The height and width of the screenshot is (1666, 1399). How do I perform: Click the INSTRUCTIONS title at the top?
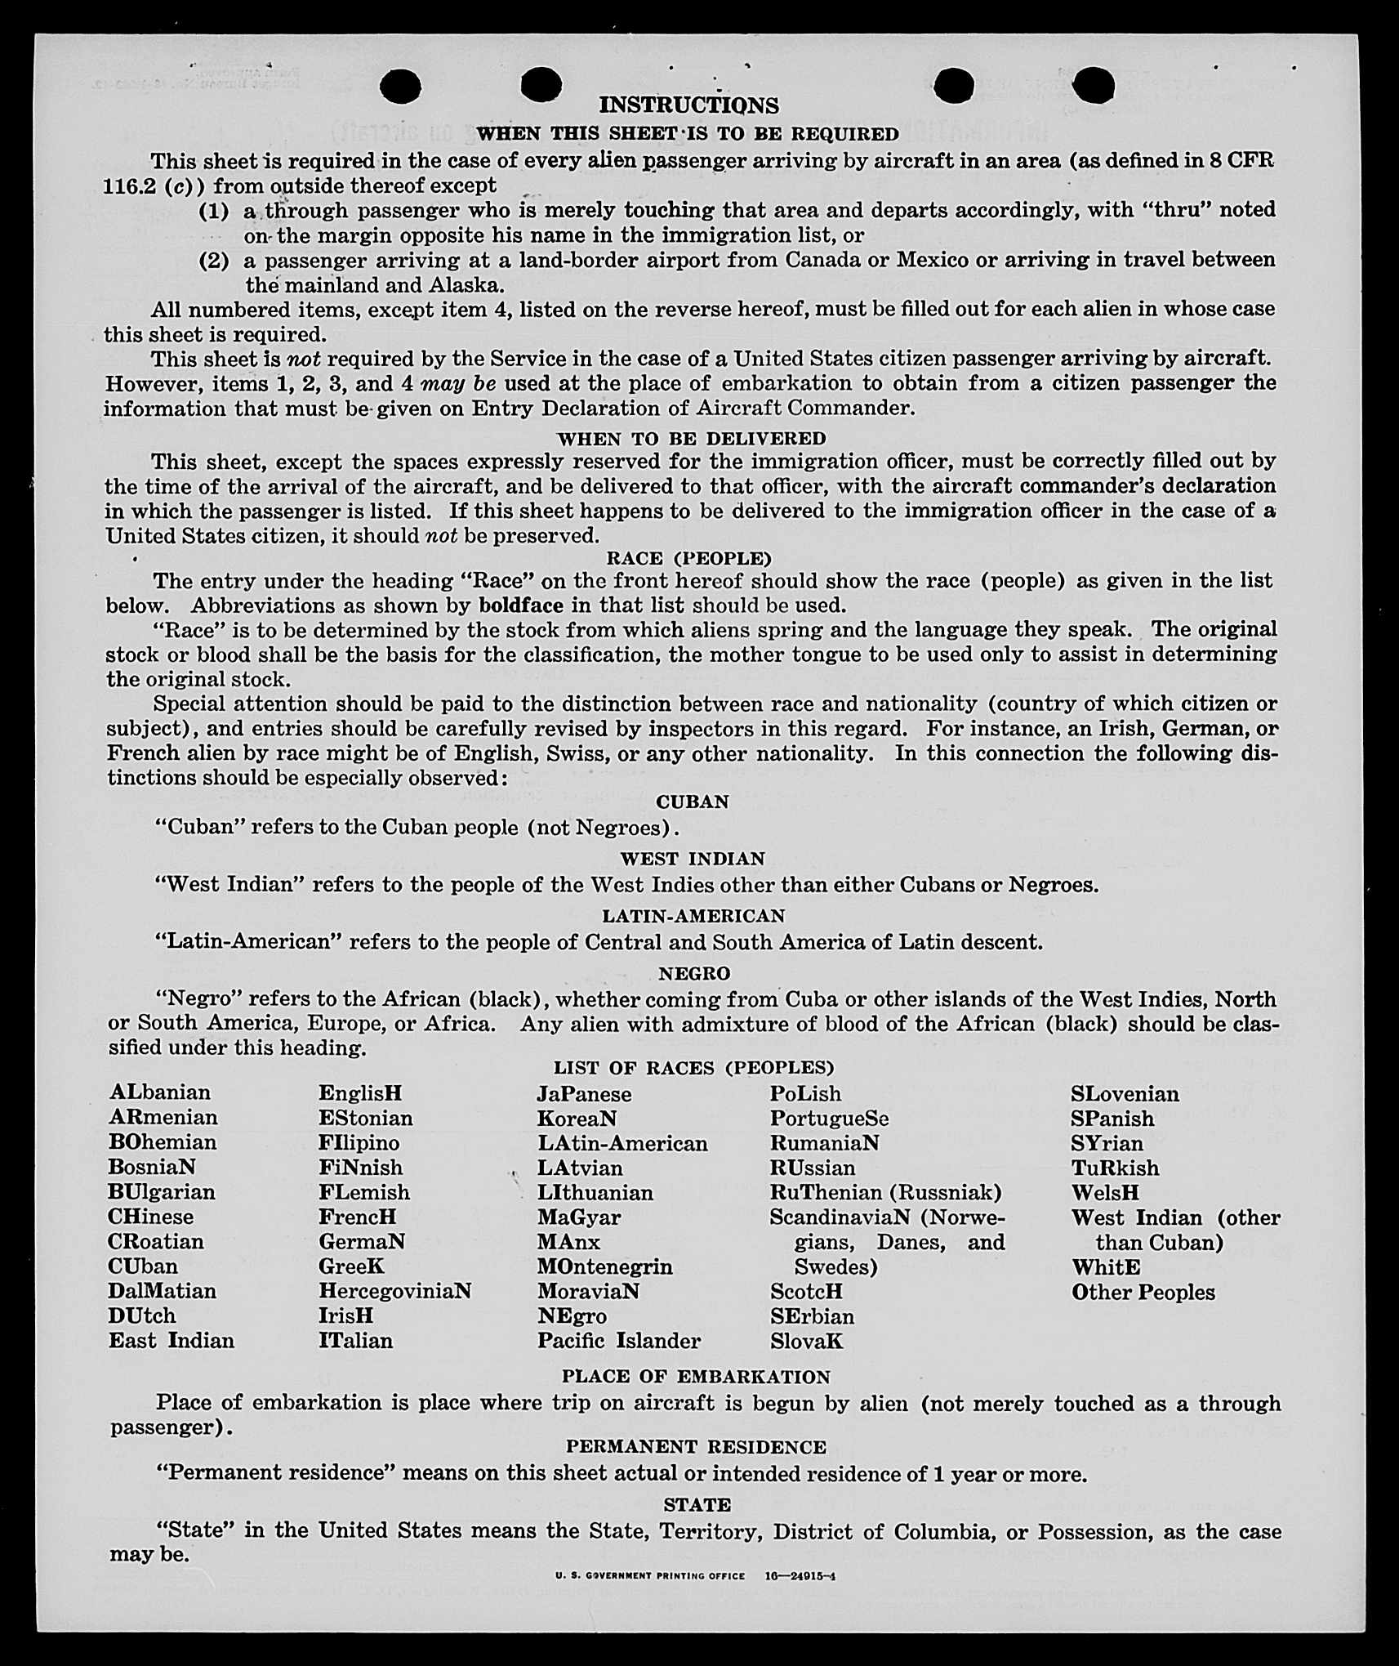(688, 105)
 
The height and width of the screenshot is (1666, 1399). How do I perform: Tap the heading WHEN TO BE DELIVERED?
(691, 439)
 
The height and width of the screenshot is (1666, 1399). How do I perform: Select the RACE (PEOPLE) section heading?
(688, 559)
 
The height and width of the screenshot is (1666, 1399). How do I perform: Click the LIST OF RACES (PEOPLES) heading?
(693, 1068)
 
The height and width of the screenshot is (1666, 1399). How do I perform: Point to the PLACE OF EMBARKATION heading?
(695, 1377)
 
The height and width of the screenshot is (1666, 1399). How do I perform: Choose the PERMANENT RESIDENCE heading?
(696, 1447)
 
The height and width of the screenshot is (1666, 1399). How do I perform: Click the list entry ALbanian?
(160, 1092)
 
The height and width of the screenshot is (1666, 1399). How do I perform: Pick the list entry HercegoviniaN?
(394, 1291)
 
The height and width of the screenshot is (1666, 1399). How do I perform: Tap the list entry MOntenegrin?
(604, 1266)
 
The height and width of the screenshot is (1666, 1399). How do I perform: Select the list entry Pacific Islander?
(618, 1341)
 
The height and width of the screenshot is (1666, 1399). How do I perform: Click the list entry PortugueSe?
(829, 1118)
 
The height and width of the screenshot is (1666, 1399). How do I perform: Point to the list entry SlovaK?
(806, 1341)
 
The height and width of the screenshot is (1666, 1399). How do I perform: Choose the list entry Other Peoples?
(1143, 1292)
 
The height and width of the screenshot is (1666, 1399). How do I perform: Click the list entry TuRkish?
(1115, 1168)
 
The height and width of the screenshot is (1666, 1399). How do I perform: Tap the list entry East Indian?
(172, 1340)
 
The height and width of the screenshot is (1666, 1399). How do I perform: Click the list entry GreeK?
(351, 1266)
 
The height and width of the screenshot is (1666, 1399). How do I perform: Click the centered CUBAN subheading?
(693, 802)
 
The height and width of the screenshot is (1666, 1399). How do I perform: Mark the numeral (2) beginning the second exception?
(214, 261)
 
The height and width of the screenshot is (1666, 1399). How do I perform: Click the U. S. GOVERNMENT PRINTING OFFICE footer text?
(650, 1575)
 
